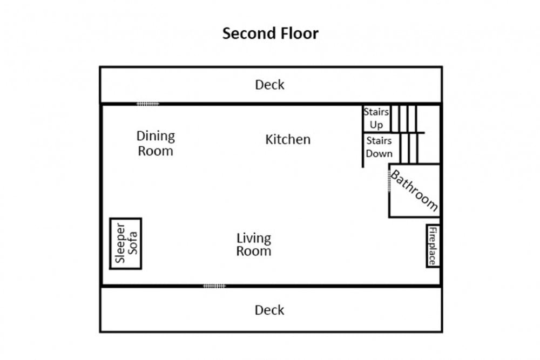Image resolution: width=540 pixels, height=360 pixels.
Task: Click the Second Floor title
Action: (271, 33)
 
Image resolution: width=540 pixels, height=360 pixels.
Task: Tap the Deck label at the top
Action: (269, 85)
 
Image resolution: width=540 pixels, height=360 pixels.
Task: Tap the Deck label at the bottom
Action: (269, 310)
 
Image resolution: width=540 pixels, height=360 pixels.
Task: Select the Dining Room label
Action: (156, 143)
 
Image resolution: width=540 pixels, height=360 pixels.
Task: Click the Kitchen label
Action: (288, 139)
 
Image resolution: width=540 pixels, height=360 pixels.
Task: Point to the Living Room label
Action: (254, 244)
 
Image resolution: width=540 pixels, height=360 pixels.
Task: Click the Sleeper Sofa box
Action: (126, 243)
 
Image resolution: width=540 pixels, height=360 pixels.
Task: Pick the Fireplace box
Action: (433, 246)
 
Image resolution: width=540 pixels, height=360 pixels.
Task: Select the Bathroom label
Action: (414, 191)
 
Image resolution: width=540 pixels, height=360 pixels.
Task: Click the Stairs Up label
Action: (376, 118)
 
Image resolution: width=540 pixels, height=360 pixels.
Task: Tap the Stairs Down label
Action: (379, 147)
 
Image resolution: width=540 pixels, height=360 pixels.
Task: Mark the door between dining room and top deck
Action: (148, 104)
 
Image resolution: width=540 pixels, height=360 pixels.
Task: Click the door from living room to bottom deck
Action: (214, 286)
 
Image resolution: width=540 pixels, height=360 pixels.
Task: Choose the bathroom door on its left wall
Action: (389, 181)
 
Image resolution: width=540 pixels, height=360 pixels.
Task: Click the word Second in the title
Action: (248, 33)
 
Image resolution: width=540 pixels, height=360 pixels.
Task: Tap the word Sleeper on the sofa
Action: (120, 243)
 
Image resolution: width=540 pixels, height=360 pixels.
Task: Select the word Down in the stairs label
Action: (379, 153)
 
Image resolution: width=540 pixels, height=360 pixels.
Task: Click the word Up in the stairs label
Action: (376, 125)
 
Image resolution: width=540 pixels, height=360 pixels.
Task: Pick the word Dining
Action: (156, 137)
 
